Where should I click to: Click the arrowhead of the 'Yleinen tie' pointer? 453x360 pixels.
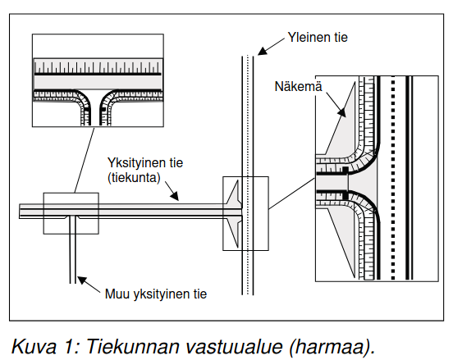point(261,51)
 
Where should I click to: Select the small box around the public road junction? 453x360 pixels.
point(245,213)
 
